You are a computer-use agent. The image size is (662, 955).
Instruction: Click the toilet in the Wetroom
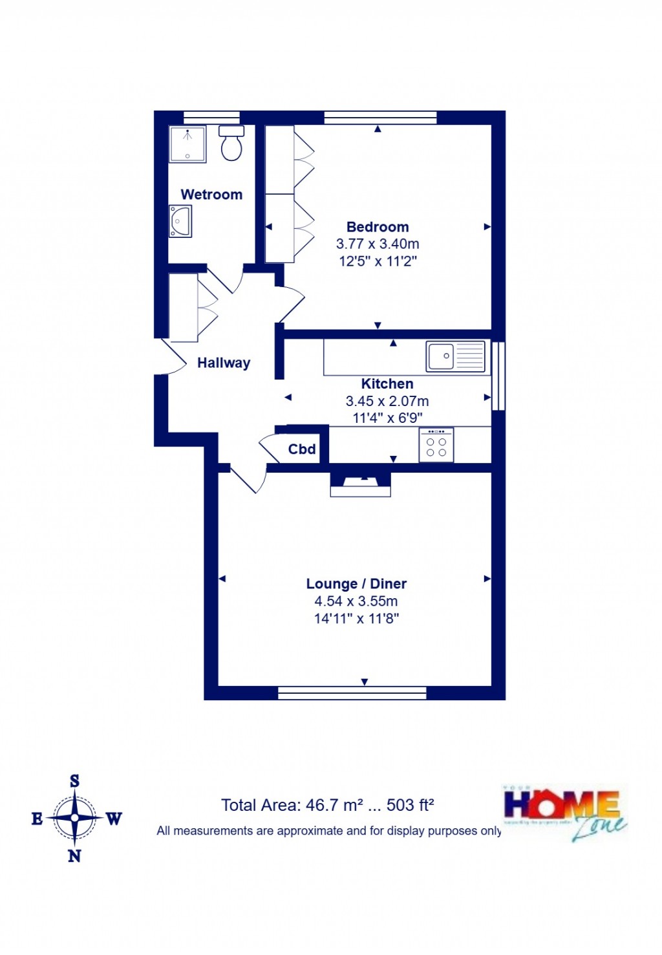[231, 144]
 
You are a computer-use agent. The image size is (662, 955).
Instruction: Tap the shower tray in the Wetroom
[187, 144]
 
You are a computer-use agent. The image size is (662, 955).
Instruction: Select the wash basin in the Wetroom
[180, 221]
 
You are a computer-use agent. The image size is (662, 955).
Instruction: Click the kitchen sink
[455, 356]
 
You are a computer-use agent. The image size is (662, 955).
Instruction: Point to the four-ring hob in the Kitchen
[436, 445]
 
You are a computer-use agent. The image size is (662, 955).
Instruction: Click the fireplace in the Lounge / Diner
[360, 484]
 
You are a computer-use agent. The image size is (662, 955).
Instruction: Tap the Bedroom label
[378, 227]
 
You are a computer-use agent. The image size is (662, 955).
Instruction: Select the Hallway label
[224, 363]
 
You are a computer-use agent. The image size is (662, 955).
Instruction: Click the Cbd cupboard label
[302, 449]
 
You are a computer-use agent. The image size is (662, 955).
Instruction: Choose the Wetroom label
[211, 195]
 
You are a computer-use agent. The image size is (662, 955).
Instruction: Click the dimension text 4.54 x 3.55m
[356, 601]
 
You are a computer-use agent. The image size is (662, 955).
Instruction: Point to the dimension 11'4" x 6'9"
[387, 418]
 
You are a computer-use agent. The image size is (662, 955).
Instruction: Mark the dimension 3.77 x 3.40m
[378, 244]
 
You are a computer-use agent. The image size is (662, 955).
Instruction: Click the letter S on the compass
[74, 781]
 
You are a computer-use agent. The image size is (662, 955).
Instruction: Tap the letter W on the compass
[114, 819]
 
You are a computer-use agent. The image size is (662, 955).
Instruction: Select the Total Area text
[327, 805]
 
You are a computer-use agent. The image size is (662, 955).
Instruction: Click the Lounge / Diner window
[352, 693]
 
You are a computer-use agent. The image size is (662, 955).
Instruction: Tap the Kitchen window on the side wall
[498, 376]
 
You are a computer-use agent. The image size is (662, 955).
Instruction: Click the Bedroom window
[380, 118]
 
